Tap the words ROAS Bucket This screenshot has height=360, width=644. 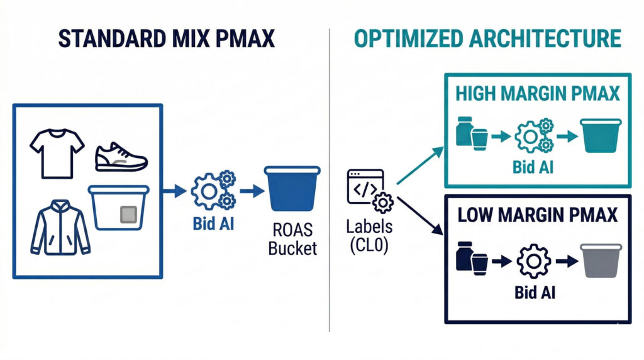(x=292, y=239)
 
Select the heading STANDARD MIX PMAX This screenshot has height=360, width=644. (x=167, y=38)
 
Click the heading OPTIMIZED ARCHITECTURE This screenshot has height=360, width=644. (x=487, y=38)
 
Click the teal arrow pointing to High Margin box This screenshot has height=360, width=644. (x=420, y=165)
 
